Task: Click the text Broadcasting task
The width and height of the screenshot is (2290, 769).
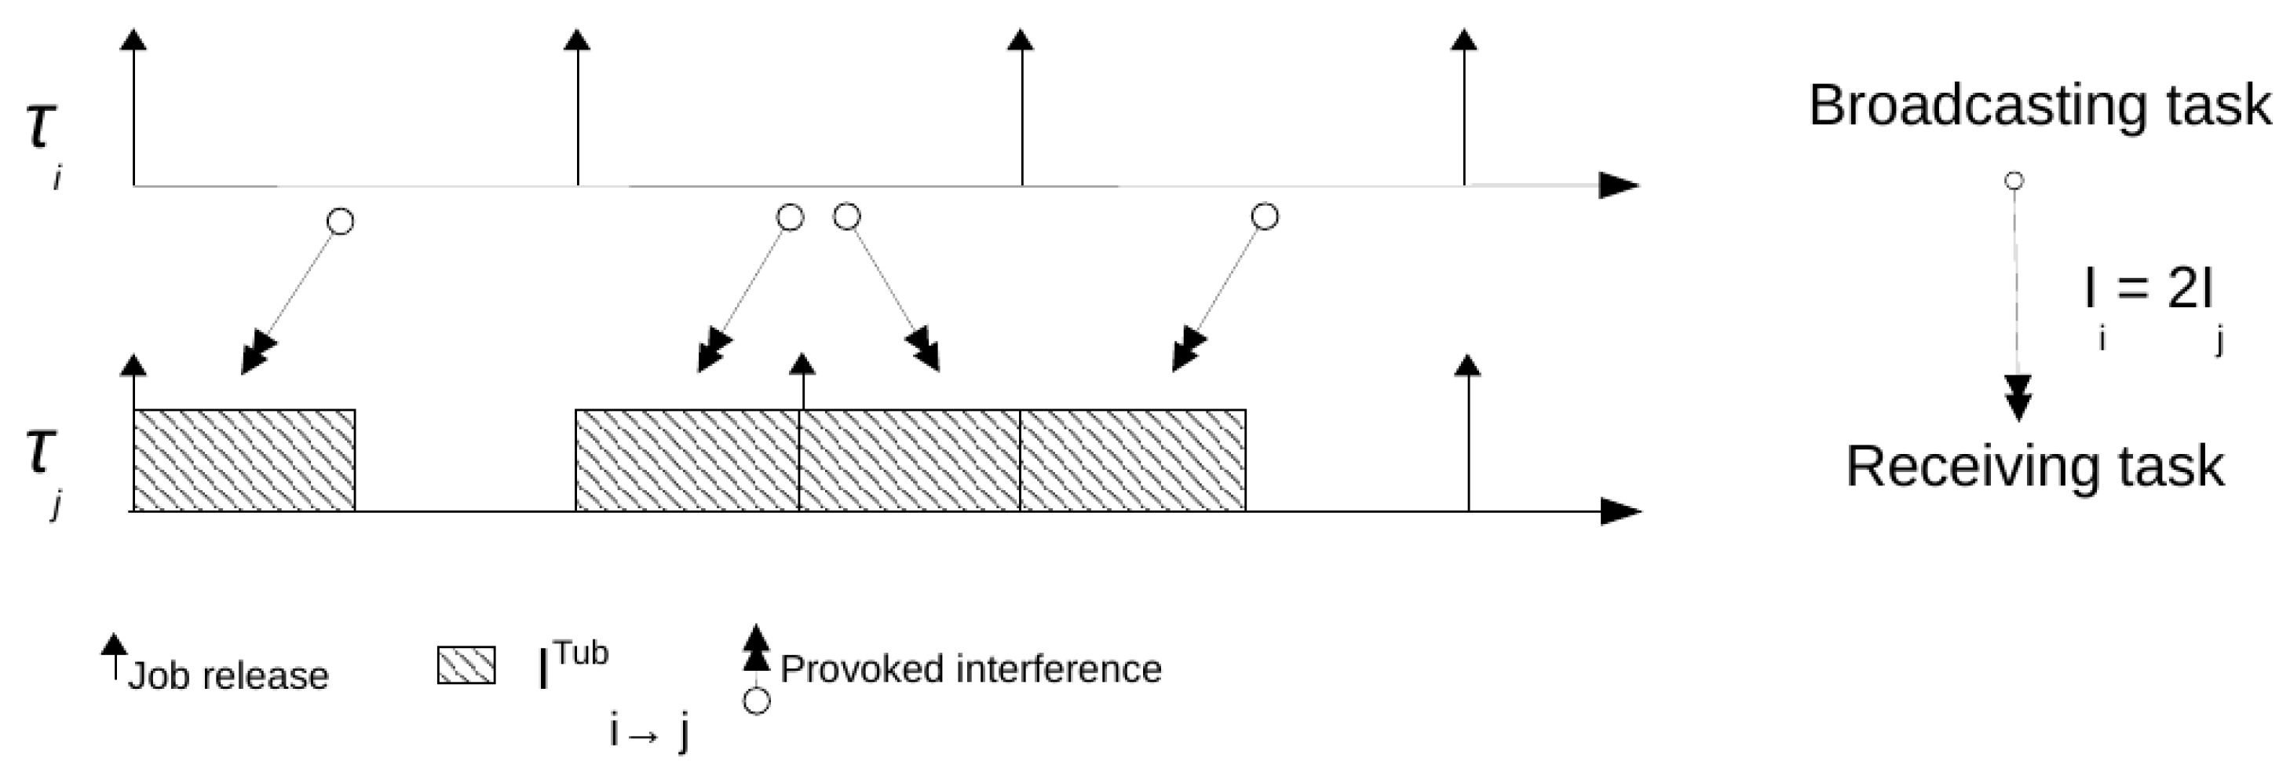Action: point(2040,106)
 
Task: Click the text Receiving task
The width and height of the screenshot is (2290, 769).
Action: point(2035,467)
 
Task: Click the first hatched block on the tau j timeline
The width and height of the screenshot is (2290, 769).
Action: point(243,460)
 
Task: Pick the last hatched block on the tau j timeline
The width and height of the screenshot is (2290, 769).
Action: point(1132,460)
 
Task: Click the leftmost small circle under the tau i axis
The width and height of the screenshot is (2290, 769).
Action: point(341,221)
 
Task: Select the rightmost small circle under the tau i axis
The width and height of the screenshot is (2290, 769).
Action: point(1264,217)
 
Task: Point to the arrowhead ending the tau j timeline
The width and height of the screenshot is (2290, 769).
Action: point(1620,511)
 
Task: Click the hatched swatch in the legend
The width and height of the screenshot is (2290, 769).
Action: point(466,665)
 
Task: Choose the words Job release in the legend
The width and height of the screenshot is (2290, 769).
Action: point(228,676)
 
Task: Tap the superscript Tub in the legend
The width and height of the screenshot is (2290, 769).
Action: point(582,654)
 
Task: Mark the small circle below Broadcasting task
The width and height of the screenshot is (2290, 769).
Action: point(2014,181)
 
